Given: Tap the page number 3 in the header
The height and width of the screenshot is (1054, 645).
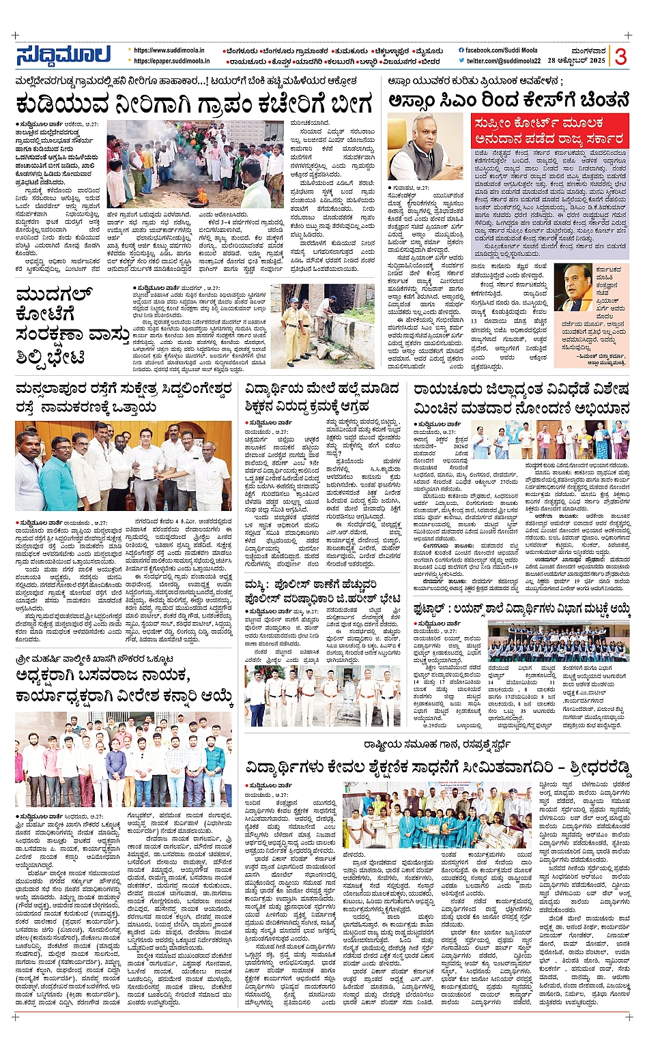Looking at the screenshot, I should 620,57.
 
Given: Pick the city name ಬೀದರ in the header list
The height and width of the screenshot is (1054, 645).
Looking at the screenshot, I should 429,61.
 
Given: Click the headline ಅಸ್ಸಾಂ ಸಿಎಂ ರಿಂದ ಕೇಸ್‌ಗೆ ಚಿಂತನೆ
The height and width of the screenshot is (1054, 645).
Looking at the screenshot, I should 508,100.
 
